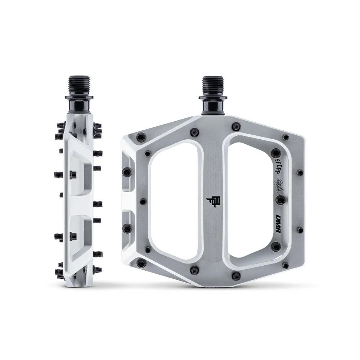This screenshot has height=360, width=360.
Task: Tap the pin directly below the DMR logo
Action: (276, 247)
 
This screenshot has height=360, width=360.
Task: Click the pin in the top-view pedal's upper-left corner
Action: (141, 137)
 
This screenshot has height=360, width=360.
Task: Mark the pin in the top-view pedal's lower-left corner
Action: (141, 263)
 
